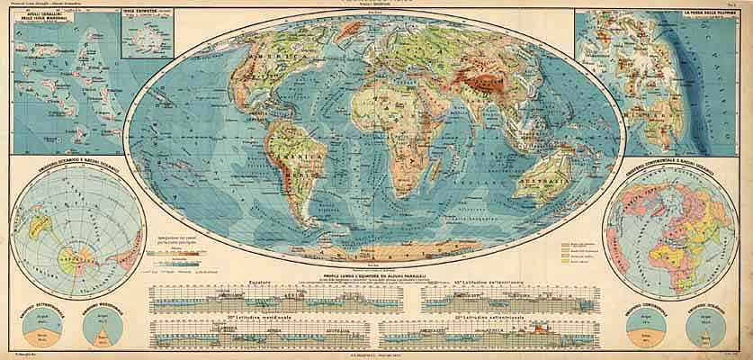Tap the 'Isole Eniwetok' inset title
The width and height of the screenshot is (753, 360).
point(143,13)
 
